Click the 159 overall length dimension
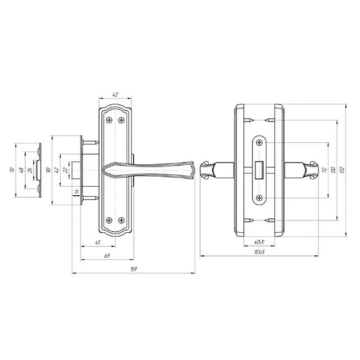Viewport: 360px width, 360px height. (x=133, y=269)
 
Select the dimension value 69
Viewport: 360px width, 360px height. (x=107, y=255)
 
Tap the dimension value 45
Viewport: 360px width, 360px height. (x=98, y=242)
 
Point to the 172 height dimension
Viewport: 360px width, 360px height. (x=343, y=170)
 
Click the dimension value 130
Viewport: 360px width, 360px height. (x=334, y=170)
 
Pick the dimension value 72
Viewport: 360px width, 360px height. (x=325, y=170)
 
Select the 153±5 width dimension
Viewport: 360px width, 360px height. (x=259, y=252)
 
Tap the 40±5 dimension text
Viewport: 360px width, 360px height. (x=259, y=242)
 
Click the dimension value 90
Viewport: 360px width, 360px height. (x=48, y=170)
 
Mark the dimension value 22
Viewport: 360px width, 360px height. (x=65, y=170)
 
